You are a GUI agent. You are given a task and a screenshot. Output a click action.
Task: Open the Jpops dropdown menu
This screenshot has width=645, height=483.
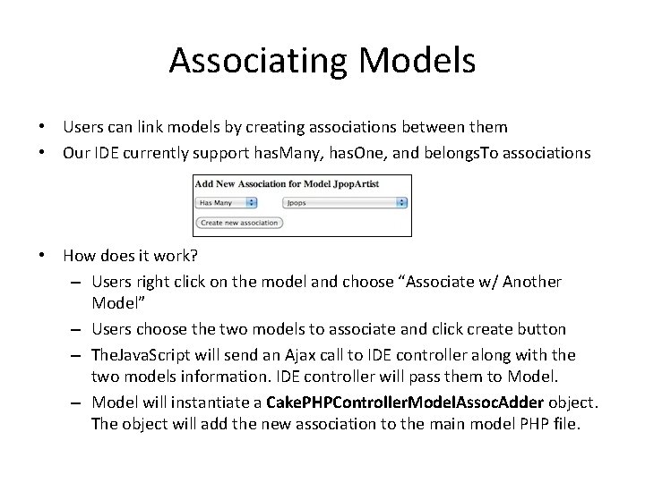346,202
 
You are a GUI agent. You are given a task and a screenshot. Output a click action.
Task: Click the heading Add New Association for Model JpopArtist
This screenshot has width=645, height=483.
287,184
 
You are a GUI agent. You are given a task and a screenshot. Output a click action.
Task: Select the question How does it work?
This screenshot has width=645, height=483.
130,256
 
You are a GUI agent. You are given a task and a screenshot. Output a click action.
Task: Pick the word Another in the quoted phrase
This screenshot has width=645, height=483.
531,282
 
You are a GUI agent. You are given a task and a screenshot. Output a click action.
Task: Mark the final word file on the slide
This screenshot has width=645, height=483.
565,423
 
